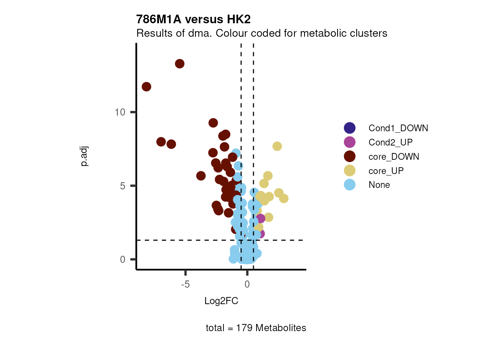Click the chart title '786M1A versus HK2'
(x=193, y=19)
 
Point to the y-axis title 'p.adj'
(x=84, y=156)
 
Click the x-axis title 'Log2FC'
(x=221, y=301)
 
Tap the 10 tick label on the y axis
(x=120, y=112)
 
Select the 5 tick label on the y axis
(x=123, y=186)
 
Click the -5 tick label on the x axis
(x=185, y=284)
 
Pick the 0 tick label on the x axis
(x=247, y=284)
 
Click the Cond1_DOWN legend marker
(x=349, y=128)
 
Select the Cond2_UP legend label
(x=390, y=142)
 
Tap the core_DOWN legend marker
(x=349, y=156)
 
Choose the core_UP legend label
(x=386, y=171)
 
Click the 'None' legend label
(x=379, y=185)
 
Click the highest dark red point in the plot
(x=180, y=64)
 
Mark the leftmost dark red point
(x=146, y=87)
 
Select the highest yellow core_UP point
(x=277, y=146)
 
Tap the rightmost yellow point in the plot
(x=283, y=198)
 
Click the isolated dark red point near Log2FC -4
(x=201, y=175)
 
